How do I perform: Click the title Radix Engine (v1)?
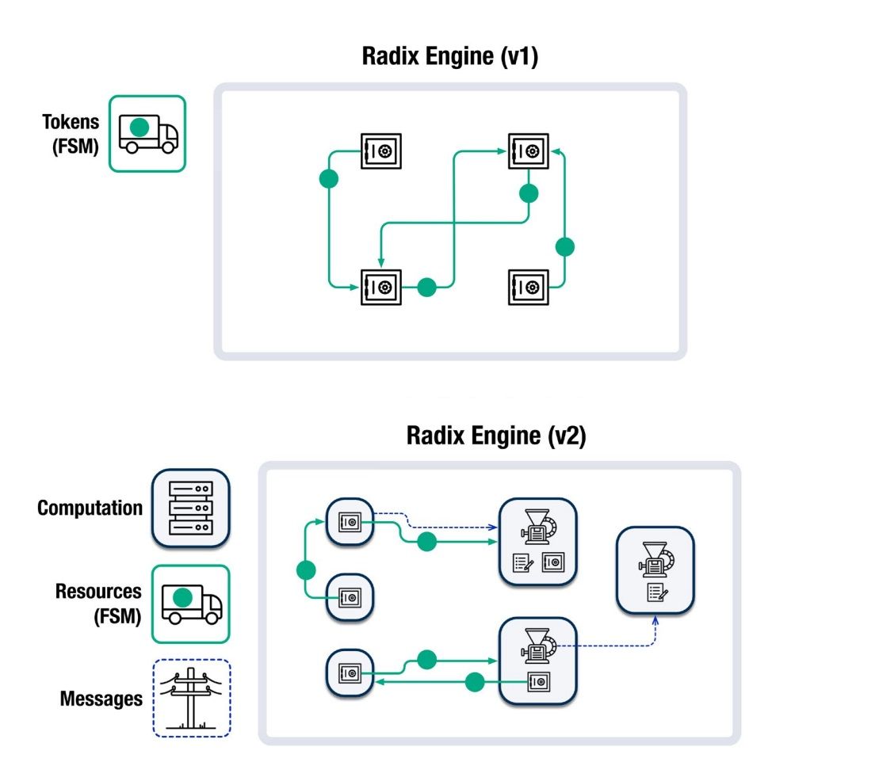(449, 57)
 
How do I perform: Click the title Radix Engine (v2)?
(496, 436)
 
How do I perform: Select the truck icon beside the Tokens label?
(147, 133)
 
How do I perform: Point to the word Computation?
(90, 508)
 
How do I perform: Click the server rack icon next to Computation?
(190, 508)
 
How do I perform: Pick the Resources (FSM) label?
(98, 603)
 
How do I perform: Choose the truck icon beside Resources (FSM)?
(190, 604)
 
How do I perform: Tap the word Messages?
(101, 699)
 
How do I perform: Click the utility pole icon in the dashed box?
(190, 698)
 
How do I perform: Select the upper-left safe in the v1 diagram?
(381, 150)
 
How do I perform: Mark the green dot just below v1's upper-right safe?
(529, 193)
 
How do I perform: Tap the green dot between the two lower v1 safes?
(427, 287)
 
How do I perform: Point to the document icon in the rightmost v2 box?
(655, 592)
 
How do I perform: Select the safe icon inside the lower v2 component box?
(538, 680)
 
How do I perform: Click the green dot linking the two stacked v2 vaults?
(306, 569)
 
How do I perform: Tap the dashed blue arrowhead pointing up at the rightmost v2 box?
(655, 619)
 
